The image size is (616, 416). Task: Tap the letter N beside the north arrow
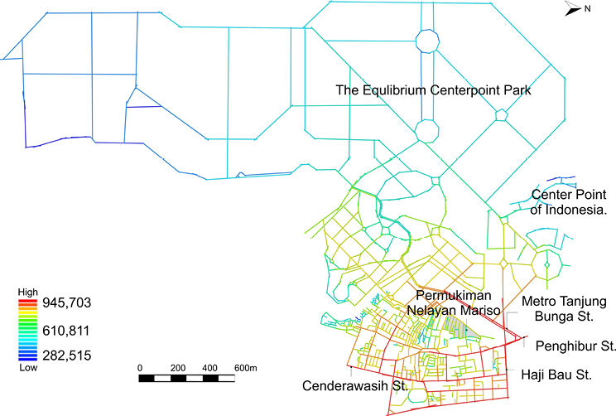(587, 9)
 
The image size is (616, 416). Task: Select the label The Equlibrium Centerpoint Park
(432, 89)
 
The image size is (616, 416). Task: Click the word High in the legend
(28, 293)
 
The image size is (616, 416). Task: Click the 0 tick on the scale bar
(140, 367)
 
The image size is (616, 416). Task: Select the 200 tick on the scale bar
(178, 367)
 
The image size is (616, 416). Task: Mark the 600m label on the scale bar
(246, 367)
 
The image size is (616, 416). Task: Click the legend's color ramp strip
(28, 329)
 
